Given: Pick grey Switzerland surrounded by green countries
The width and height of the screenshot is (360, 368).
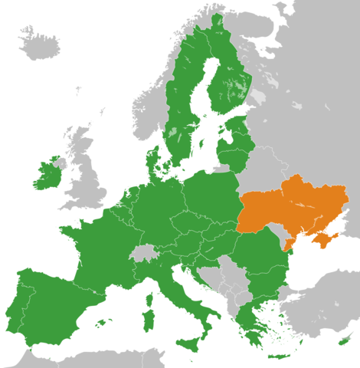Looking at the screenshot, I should click(142, 252).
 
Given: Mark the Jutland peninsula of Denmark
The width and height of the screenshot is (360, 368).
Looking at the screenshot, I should click(152, 161).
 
